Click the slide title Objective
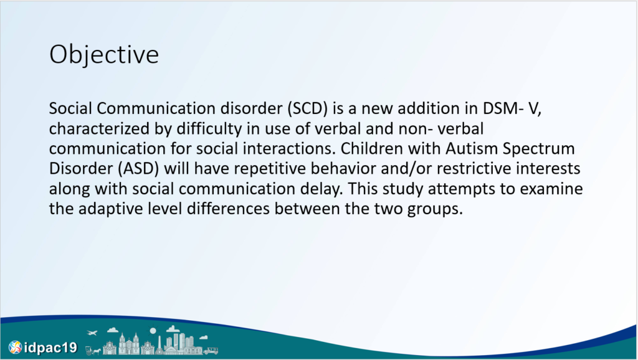coord(104,55)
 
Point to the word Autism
coord(472,148)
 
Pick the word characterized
coord(99,129)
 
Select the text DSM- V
coord(512,108)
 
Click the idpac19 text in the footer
coord(50,348)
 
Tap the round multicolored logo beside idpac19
coord(16,348)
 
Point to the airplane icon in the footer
coord(92,333)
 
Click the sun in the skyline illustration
coord(153,331)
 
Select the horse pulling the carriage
coord(96,351)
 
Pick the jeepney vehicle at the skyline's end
coord(211,350)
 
